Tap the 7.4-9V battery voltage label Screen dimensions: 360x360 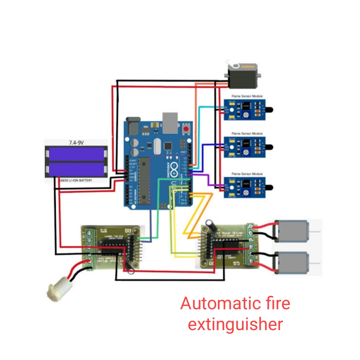[76, 143]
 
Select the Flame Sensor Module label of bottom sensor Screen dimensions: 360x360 [247, 174]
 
